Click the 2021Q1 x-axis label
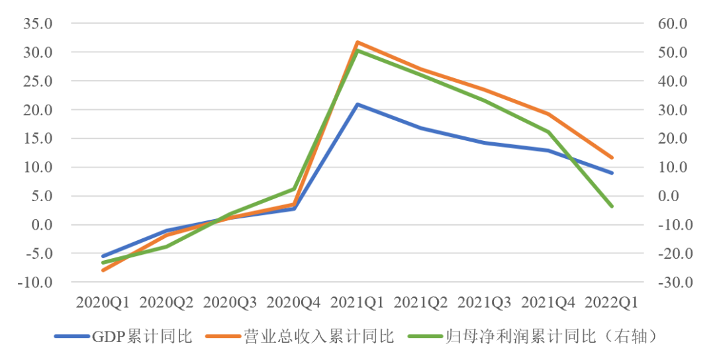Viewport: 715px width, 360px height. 358,302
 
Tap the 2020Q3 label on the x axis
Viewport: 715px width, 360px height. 230,302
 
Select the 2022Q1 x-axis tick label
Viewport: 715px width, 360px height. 612,302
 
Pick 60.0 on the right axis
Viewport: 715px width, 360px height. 673,24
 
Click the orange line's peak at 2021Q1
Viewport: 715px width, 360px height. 358,42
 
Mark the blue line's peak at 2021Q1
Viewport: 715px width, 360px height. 358,105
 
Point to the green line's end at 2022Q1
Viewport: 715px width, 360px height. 612,206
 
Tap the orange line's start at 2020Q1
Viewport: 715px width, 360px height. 103,270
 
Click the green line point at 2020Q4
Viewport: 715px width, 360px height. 294,189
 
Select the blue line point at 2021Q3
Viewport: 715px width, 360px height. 485,142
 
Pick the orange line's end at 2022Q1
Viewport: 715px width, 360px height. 612,157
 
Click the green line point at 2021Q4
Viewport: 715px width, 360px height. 548,132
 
